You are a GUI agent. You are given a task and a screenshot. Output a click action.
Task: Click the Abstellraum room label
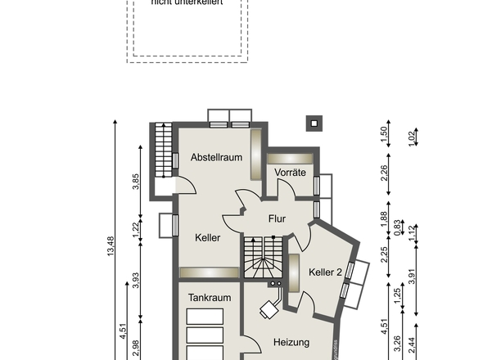point(216,157)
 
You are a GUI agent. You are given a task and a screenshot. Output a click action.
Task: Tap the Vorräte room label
point(291,173)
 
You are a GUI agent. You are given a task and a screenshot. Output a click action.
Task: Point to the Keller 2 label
point(325,272)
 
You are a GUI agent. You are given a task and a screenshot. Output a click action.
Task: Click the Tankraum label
point(210,298)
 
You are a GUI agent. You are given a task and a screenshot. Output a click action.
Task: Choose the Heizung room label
point(291,342)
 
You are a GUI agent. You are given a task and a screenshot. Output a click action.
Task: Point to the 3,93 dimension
point(137,280)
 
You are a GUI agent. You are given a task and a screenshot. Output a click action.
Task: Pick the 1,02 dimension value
point(412,136)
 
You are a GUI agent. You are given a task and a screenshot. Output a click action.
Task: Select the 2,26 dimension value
point(385,173)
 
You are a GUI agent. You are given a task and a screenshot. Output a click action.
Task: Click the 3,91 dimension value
point(412,277)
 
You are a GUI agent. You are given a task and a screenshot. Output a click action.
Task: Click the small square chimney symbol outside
point(313,124)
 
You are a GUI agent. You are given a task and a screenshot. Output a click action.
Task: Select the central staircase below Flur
point(261,256)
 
